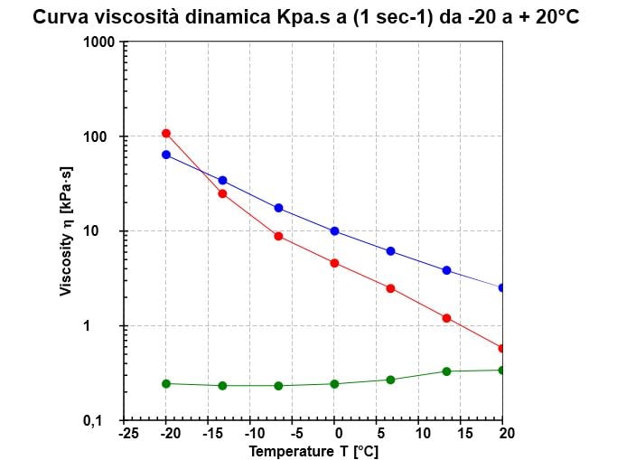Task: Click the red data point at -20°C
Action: (166, 134)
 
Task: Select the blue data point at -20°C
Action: (166, 155)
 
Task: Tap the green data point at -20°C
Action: (166, 383)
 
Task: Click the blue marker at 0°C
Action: (334, 231)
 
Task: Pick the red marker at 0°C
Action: (334, 263)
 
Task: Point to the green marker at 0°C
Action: (334, 384)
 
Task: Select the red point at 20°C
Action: (502, 348)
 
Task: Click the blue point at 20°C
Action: (502, 287)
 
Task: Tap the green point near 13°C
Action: (446, 371)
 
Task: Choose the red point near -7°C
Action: (278, 236)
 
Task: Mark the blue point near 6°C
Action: (390, 251)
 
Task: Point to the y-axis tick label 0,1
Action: (107, 421)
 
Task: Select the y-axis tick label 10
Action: (110, 231)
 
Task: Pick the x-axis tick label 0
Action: (334, 434)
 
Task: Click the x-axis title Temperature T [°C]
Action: (313, 450)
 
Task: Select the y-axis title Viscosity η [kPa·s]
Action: (66, 231)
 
